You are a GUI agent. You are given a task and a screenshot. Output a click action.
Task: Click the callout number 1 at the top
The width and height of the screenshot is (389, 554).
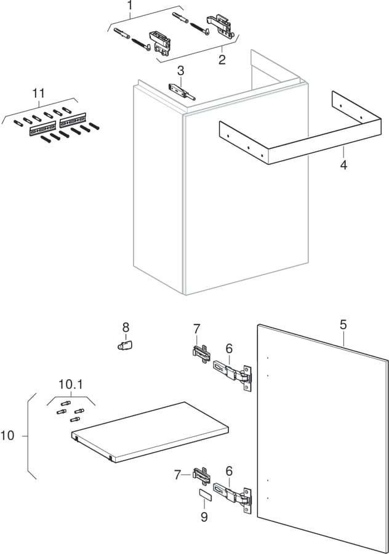[x=130, y=5]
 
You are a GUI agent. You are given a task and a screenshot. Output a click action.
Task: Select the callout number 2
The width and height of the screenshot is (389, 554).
[x=222, y=60]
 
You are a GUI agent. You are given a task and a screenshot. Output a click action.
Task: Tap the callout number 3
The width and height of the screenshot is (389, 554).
[x=180, y=71]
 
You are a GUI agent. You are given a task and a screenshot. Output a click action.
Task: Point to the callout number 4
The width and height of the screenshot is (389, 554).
[x=343, y=164]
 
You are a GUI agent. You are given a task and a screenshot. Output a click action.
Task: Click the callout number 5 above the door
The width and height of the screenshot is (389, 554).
[x=343, y=324]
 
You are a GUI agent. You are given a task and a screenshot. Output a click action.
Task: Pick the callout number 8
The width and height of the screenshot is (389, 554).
[x=126, y=327]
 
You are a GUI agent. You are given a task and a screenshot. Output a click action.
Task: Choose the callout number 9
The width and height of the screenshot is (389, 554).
[x=204, y=517]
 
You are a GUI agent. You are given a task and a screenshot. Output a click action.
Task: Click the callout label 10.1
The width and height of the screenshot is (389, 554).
[x=71, y=385]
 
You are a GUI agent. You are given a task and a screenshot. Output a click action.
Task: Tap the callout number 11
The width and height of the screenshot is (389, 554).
[x=39, y=94]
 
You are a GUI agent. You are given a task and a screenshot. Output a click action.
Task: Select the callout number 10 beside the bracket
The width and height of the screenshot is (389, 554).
[x=7, y=436]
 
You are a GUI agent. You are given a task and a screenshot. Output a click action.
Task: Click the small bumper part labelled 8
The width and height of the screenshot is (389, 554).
[x=125, y=345]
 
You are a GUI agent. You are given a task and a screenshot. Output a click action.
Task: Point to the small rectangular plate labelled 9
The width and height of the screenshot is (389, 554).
[x=204, y=494]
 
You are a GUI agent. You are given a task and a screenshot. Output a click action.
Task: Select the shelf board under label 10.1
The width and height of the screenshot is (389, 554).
[x=150, y=432]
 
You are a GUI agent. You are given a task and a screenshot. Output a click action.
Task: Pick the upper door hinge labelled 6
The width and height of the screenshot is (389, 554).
[x=233, y=374]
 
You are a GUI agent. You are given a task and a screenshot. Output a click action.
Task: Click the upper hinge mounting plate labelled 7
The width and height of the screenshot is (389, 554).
[x=201, y=353]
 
